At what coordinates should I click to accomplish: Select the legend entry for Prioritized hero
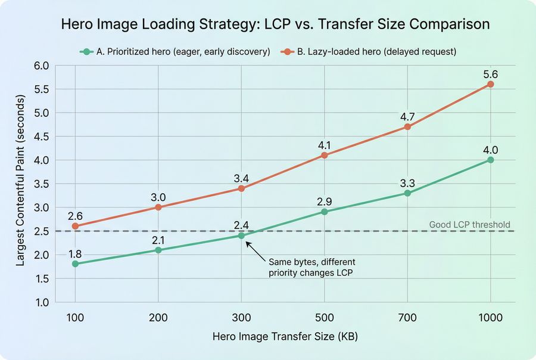tap(175, 52)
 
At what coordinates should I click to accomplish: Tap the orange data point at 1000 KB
tap(490, 84)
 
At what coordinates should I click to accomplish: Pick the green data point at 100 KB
tap(75, 263)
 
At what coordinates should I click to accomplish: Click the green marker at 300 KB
tap(241, 235)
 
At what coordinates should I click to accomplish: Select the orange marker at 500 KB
tap(324, 155)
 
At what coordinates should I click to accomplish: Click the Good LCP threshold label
tap(469, 225)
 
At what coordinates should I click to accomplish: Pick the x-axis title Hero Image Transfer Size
tap(285, 337)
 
